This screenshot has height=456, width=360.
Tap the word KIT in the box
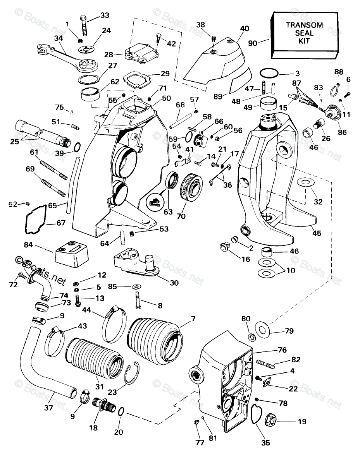pyautogui.click(x=304, y=41)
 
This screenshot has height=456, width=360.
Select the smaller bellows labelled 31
pyautogui.click(x=95, y=358)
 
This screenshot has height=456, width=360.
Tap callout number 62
pyautogui.click(x=115, y=82)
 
